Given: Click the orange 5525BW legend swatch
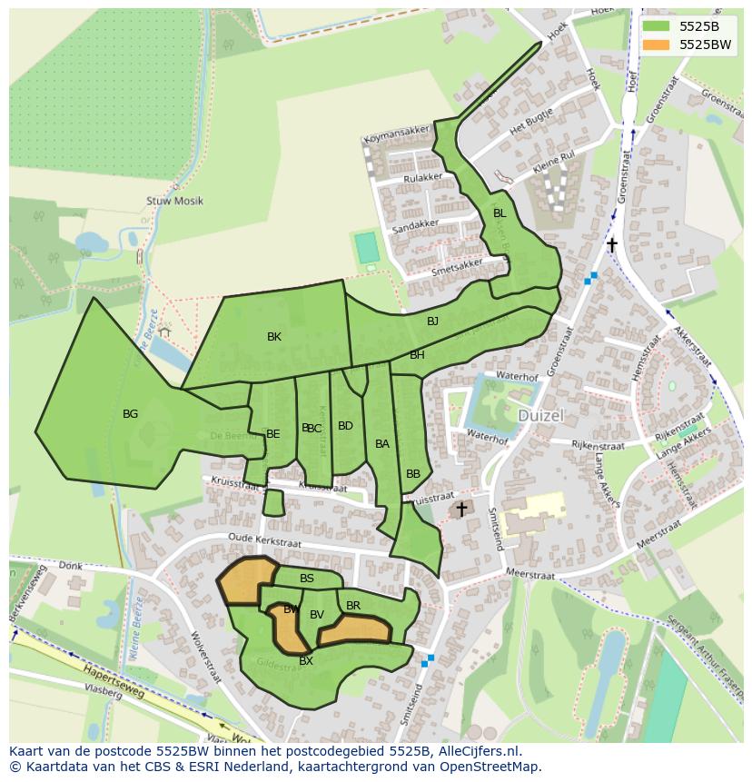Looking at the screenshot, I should point(659,45).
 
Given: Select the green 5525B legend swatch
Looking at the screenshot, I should point(659,26).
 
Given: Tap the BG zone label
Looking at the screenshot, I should point(130,414).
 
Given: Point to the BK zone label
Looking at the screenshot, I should point(274,337).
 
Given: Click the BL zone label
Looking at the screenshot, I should point(499,213).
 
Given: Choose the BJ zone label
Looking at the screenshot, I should point(432,322).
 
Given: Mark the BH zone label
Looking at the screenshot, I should point(417,355).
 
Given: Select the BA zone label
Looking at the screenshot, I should point(382,444).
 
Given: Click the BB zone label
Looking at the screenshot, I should point(413,474).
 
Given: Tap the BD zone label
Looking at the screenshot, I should point(345,426).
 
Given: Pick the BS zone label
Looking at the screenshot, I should point(307,579).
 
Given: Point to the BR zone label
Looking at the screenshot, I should point(353,606).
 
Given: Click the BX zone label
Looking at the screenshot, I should point(306,661).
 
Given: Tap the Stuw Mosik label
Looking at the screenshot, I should point(174,201).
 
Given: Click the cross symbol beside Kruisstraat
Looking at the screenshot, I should point(461,510).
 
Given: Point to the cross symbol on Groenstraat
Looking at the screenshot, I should point(612,244).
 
